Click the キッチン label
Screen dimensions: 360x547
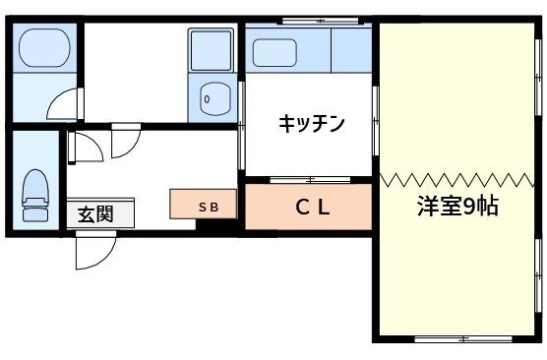311,124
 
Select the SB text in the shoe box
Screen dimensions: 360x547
210,207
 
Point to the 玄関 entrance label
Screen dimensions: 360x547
95,214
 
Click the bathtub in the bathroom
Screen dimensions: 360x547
41,45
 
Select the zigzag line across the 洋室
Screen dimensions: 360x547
456,180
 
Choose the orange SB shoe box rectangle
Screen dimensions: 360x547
203,205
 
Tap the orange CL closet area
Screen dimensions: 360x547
307,208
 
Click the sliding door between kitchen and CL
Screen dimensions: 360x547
307,180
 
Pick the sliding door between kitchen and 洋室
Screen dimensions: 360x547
374,118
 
